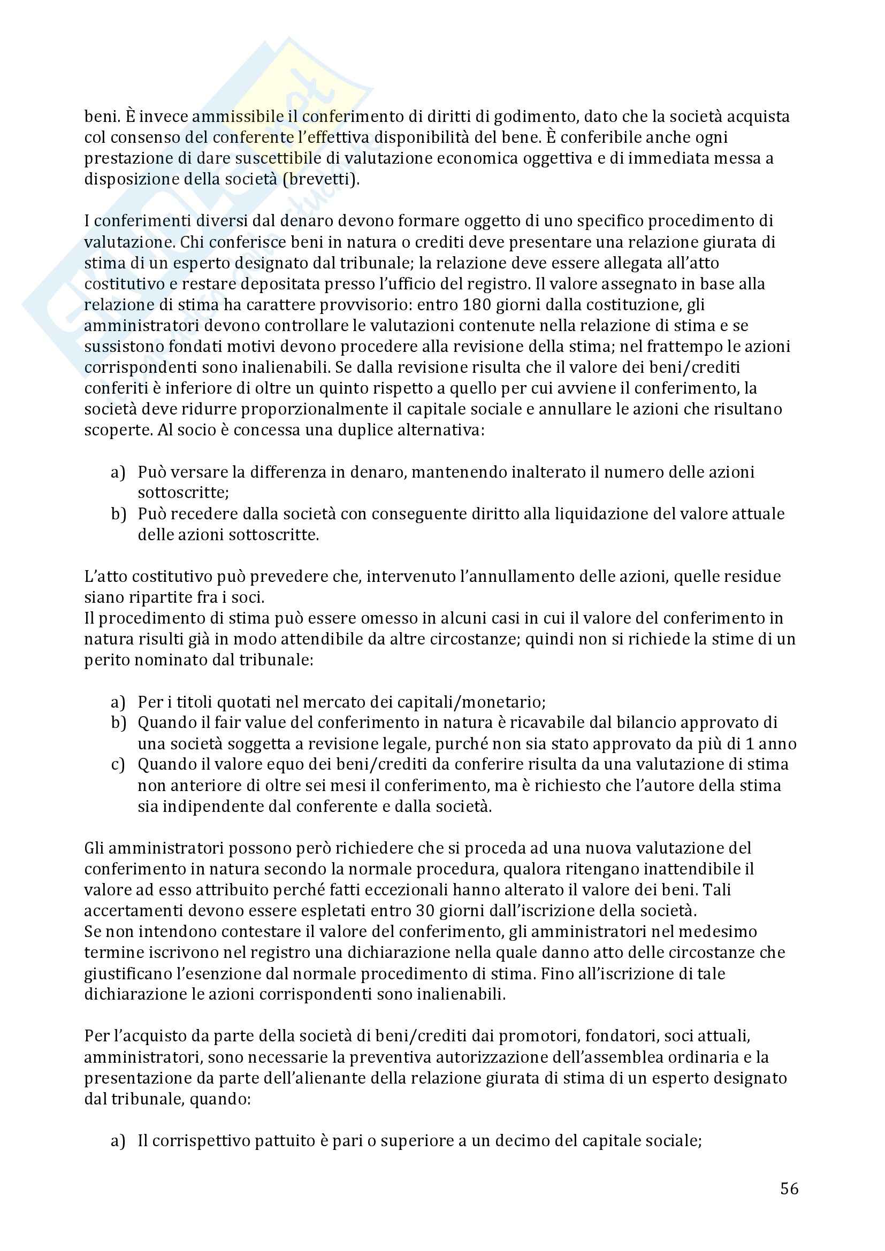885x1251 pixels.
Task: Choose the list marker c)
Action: click(118, 764)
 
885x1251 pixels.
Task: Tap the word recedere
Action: click(201, 514)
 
